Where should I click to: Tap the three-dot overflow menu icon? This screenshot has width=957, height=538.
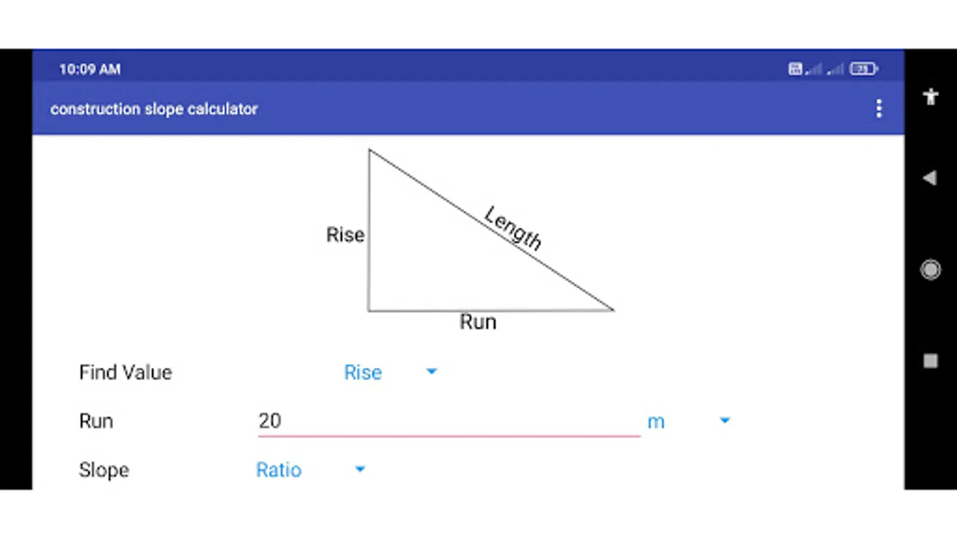[x=879, y=109]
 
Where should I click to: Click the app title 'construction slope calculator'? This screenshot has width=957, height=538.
[x=154, y=109]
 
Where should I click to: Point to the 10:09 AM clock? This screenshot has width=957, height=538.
[x=90, y=69]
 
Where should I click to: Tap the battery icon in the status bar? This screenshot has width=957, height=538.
[x=863, y=69]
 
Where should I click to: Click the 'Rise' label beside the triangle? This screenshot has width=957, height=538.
[x=345, y=235]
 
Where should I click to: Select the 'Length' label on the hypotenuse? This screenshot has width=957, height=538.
[x=513, y=228]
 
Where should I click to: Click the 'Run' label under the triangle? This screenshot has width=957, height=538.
[x=478, y=322]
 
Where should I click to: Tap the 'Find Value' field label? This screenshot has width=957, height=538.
[x=126, y=372]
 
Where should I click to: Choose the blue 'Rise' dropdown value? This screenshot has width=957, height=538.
[x=362, y=372]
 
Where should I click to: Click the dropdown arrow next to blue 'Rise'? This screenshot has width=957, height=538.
[x=431, y=372]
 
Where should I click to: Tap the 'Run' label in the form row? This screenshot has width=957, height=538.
[x=96, y=421]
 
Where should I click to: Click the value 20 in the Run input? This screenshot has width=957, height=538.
[x=270, y=421]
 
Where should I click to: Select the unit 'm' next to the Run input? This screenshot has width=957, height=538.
[x=656, y=422]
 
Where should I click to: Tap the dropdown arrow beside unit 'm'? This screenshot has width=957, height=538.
[x=725, y=421]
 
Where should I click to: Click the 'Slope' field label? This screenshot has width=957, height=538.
[x=104, y=470]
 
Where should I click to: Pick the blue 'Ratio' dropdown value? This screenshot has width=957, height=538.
[x=279, y=470]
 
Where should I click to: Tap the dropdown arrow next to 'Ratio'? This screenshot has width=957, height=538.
[x=359, y=469]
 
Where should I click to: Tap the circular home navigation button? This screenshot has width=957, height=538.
[x=930, y=270]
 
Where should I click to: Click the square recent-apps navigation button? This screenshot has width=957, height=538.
[x=930, y=361]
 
